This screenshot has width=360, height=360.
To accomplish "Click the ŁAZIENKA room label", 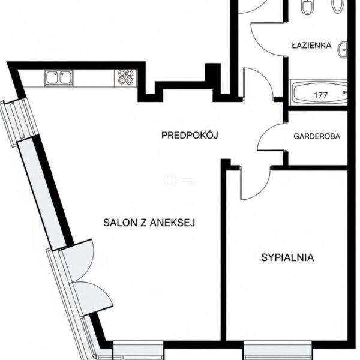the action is click(x=311, y=45).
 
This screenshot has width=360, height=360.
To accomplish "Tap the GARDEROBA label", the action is click(x=317, y=136).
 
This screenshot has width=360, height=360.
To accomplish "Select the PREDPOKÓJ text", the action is click(x=190, y=135).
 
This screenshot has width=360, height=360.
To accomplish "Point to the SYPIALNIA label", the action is click(x=287, y=257).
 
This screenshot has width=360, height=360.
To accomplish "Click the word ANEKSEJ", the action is click(x=172, y=223).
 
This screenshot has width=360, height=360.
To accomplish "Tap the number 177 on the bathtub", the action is click(x=320, y=95).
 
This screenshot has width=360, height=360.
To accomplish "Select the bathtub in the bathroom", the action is click(x=318, y=92).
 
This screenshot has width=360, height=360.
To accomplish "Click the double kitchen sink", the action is click(x=59, y=78).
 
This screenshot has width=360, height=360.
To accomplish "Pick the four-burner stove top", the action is click(x=126, y=77).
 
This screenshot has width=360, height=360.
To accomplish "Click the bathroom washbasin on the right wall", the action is click(x=343, y=50).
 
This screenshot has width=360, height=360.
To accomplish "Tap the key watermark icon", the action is click(x=181, y=180).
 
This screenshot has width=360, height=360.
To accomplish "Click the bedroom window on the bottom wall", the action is click(x=278, y=350).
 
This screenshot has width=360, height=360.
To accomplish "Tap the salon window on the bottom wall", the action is click(x=139, y=350).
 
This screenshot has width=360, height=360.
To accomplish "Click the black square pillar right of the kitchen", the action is click(x=212, y=72).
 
